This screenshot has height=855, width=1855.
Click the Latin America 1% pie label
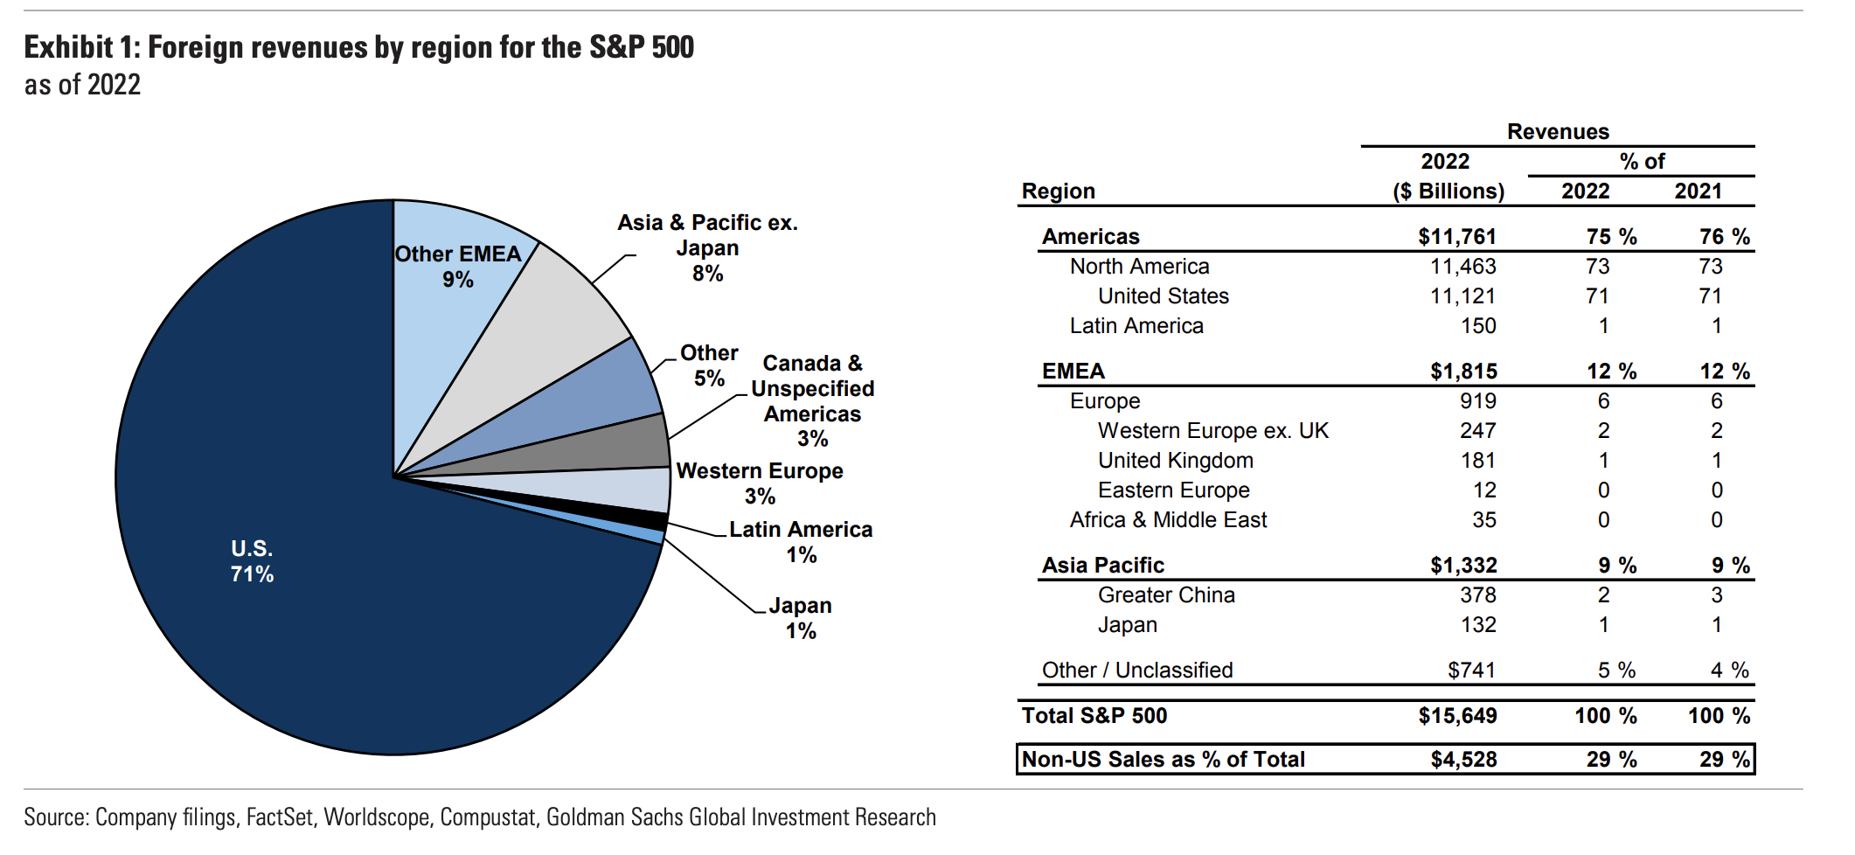click(x=801, y=542)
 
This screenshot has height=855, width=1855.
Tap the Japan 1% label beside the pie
click(x=800, y=618)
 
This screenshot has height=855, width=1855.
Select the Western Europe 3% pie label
click(x=760, y=483)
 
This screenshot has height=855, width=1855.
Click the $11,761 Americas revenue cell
click(x=1456, y=237)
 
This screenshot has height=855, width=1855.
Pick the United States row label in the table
click(x=1163, y=296)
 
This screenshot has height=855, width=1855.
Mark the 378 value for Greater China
click(x=1477, y=595)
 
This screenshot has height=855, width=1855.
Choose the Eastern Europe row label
click(x=1173, y=490)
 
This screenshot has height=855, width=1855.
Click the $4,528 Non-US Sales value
click(x=1463, y=760)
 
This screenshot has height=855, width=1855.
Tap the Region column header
click(x=1058, y=191)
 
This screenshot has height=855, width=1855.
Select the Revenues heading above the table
click(x=1557, y=132)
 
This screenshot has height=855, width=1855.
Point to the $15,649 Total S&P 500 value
click(x=1457, y=716)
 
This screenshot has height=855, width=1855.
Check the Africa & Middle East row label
click(x=1167, y=520)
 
